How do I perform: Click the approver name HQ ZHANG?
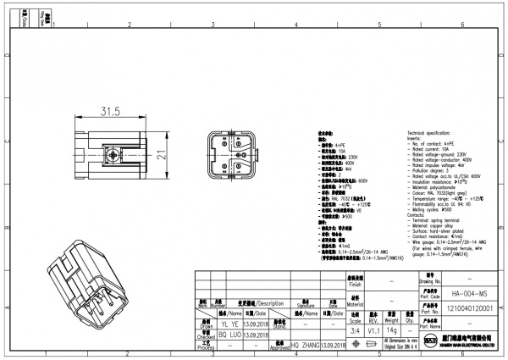point(306,346)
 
